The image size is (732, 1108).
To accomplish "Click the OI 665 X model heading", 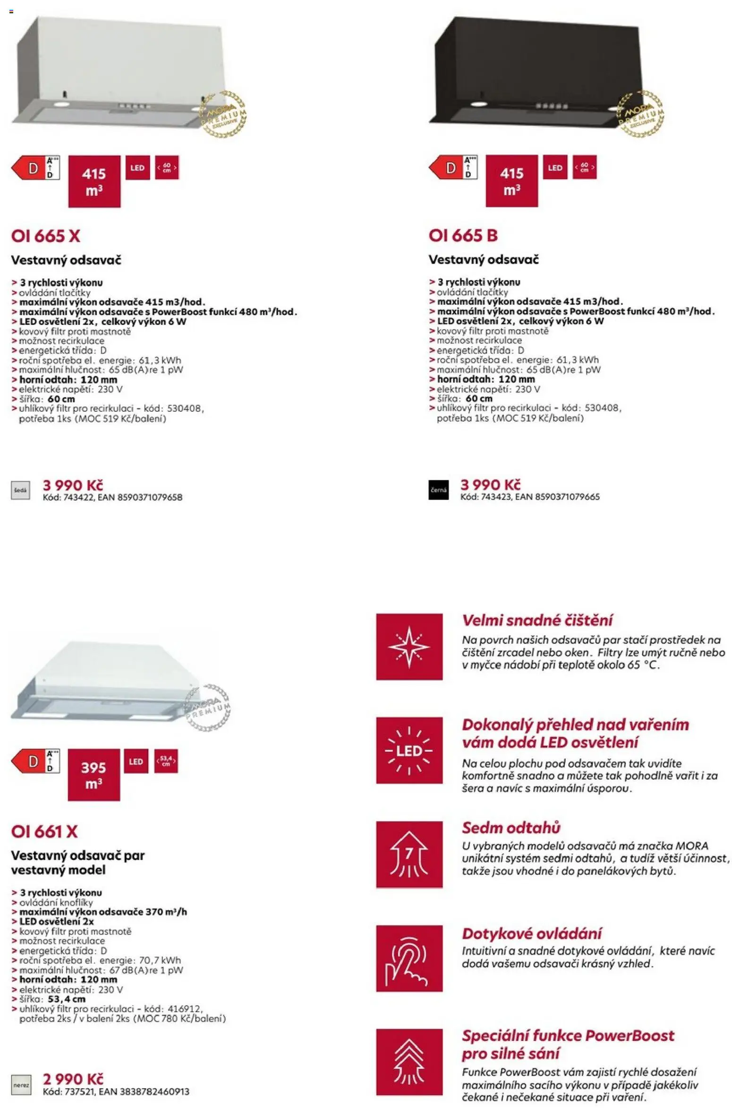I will [46, 236].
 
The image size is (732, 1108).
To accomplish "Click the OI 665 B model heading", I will [463, 236].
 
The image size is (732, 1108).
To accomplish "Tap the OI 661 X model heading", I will [44, 832].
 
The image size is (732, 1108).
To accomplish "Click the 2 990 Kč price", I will [73, 1079].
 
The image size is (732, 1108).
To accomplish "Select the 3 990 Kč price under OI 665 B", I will [490, 485].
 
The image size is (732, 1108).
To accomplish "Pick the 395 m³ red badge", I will [94, 775].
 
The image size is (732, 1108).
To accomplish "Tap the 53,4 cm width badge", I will [166, 761].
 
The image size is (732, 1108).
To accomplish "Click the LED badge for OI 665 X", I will [137, 168].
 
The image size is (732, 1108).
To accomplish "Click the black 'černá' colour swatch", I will [438, 490].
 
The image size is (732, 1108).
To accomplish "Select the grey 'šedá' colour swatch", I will [20, 490].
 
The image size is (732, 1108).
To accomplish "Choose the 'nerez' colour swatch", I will [21, 1085].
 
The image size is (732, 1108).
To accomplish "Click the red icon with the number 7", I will [409, 854].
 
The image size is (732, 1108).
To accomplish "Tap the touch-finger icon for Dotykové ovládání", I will [409, 958].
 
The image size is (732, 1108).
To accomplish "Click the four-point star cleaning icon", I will [409, 647].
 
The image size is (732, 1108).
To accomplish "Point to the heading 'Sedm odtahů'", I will [511, 828].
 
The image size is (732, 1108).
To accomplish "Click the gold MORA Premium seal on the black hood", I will [640, 114].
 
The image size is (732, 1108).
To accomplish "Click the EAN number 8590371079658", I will [150, 497].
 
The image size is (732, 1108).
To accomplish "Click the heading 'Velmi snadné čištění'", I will [537, 620].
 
